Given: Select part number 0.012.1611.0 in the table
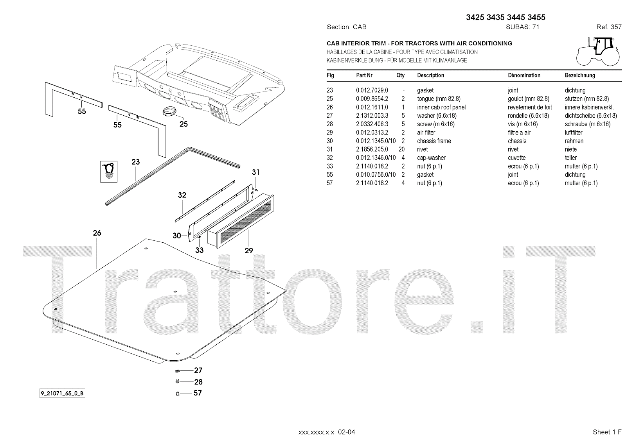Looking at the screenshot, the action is click(372, 107).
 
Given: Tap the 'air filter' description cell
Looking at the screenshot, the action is click(426, 132).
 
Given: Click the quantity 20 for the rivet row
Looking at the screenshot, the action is click(401, 149).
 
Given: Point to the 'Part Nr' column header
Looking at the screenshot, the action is click(364, 75).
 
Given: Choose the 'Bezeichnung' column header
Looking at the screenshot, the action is click(580, 75).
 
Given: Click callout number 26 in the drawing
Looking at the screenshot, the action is click(97, 233).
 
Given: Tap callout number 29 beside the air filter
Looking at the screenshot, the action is click(249, 251).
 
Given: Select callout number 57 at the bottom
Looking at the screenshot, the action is click(198, 393).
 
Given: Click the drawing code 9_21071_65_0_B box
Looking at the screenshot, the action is click(62, 394).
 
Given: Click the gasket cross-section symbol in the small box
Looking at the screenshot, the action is click(108, 171).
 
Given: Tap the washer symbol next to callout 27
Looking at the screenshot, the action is click(177, 370).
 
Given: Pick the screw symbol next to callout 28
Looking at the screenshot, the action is click(177, 381).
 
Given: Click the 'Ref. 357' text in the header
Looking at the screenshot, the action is click(609, 27).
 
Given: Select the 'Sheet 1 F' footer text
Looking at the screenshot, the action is click(607, 432).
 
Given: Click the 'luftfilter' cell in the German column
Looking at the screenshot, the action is click(574, 132).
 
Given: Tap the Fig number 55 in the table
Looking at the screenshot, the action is click(330, 175).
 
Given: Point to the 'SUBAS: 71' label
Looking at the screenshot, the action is click(523, 27).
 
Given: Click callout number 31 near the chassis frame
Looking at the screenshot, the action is click(255, 172).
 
